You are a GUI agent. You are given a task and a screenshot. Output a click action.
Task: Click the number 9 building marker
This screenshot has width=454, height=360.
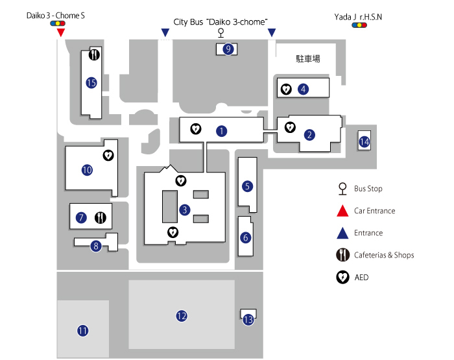tap(228, 49)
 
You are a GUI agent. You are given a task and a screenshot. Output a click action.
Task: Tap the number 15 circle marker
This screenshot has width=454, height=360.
tap(91, 82)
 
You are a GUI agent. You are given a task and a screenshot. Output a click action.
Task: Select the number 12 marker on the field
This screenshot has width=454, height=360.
tap(182, 316)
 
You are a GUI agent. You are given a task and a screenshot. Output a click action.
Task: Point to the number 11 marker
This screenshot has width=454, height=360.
tap(82, 331)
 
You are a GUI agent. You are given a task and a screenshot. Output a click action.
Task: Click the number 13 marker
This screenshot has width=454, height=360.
tap(248, 319)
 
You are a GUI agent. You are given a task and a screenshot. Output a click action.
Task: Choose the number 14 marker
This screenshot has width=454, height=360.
tap(364, 141)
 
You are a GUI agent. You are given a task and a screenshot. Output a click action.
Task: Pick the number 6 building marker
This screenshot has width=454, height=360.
tap(245, 237)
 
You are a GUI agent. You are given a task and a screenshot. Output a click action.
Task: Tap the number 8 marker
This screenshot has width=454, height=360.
tap(96, 246)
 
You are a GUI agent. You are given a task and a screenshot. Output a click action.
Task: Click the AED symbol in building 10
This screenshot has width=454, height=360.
tap(108, 155)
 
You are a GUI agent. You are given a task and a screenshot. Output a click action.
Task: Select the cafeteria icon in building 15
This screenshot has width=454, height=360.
tap(95, 55)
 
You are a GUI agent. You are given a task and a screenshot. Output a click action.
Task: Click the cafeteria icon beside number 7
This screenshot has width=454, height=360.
tap(100, 217)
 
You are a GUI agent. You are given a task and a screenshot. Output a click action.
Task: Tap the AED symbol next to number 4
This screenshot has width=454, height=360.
tap(285, 89)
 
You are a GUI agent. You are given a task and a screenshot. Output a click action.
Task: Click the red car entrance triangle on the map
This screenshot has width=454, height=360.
tap(61, 32)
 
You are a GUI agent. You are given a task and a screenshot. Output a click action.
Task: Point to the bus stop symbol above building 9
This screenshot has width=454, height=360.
tap(221, 32)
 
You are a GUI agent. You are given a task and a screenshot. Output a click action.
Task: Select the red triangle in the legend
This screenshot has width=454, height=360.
tap(341, 211)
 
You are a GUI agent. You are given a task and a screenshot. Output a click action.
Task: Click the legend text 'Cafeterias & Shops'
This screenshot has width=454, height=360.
tap(384, 255)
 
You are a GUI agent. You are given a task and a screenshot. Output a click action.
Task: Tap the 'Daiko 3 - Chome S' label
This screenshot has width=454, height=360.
tap(56, 15)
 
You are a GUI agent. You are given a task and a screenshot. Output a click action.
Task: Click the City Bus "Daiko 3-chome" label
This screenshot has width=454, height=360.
tap(221, 21)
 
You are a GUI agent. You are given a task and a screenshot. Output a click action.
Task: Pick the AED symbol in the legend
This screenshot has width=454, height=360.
tap(341, 277)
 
